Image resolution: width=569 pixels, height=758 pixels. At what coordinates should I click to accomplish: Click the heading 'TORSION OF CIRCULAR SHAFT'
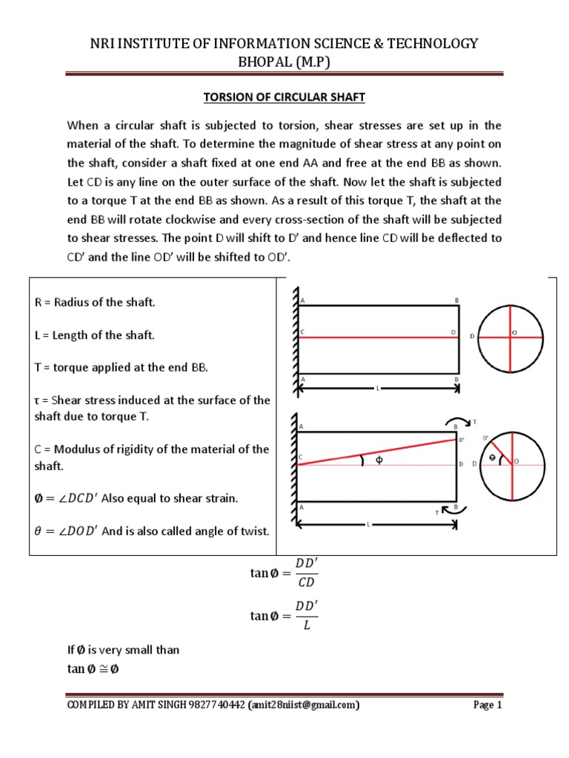(284, 97)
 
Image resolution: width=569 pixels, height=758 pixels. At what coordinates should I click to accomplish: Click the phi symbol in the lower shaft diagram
(380, 460)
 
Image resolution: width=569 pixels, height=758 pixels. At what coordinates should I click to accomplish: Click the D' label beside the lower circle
(486, 438)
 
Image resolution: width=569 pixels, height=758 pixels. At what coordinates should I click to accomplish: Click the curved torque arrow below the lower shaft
(449, 510)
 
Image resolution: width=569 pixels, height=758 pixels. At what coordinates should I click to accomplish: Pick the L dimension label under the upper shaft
(378, 387)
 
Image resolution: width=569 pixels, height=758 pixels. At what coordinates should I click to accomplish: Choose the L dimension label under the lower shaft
(368, 524)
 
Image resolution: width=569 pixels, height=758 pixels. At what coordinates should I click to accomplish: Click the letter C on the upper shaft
(302, 333)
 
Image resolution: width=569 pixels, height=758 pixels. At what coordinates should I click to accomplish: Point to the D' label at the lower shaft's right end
(462, 441)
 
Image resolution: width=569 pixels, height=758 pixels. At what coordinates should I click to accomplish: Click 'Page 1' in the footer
(488, 705)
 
